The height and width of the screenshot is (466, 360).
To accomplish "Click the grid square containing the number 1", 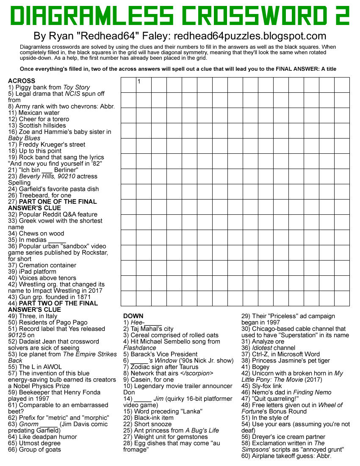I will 144,85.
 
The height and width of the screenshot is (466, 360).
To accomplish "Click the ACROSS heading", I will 22,81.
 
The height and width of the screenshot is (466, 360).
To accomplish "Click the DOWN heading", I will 133,316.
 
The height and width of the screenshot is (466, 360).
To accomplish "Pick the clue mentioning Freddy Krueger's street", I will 47,144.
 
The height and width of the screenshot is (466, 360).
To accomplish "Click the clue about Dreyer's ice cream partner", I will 283,437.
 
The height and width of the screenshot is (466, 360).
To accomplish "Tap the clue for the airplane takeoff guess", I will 286,456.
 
